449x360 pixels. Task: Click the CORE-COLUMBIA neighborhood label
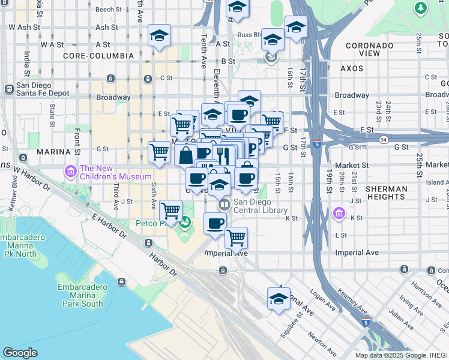coord(98,56)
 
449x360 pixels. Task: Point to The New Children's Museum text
coord(116,172)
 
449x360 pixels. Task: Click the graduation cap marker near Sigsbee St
coord(279,298)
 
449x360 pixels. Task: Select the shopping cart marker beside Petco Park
coord(171,211)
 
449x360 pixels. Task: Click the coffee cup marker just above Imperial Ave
coord(215,224)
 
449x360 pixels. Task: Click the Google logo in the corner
coord(20,353)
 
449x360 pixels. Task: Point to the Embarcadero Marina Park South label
coord(84,295)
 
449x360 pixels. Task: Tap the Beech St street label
coord(109,9)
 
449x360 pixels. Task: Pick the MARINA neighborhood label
coord(55,152)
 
